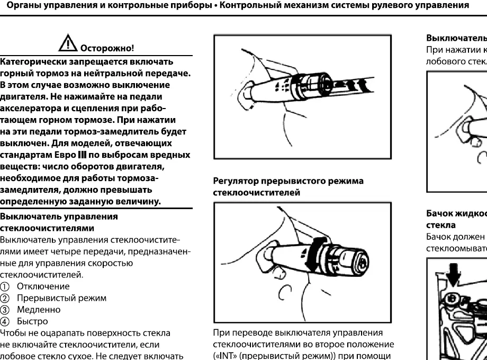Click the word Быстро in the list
[x=33, y=321]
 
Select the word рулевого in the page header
[x=379, y=7]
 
